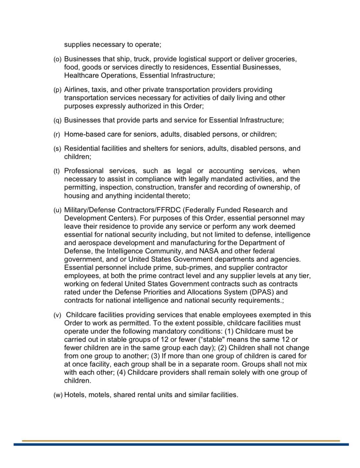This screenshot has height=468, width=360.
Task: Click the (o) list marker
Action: click(58, 60)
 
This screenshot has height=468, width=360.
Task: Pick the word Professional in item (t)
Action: click(84, 171)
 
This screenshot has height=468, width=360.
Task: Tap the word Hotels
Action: click(75, 395)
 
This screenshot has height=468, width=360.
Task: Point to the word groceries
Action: click(281, 60)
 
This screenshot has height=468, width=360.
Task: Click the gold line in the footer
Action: click(181, 440)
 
